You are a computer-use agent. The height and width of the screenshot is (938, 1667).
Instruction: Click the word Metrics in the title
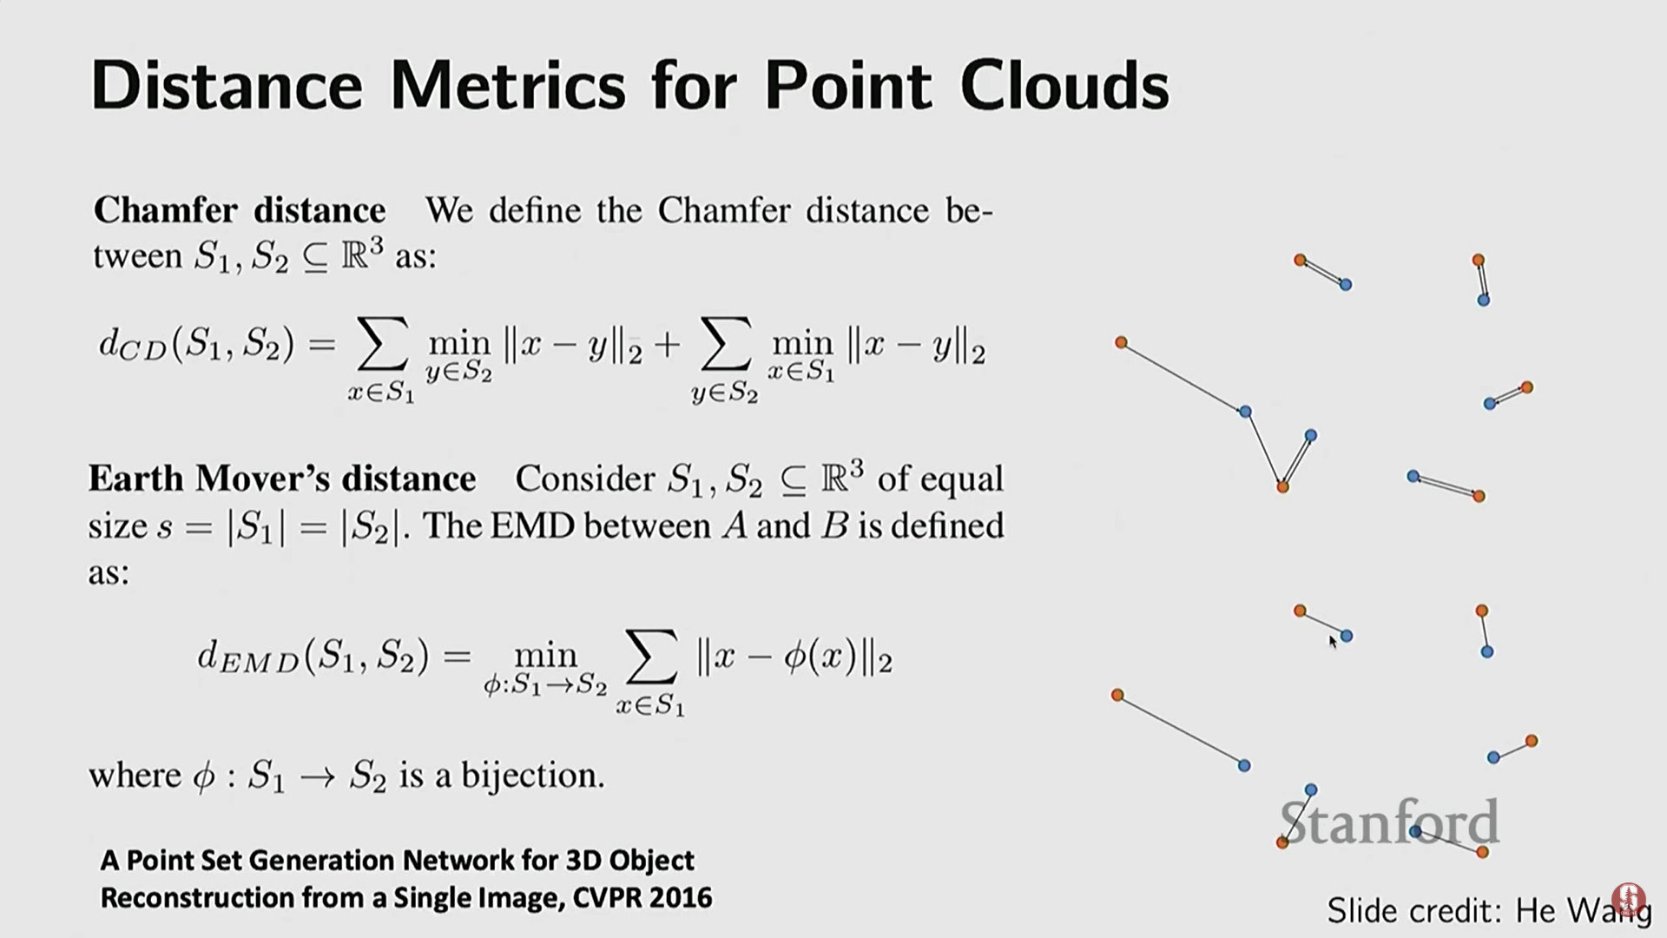click(x=508, y=86)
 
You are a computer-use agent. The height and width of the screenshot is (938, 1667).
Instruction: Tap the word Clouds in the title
click(x=1064, y=86)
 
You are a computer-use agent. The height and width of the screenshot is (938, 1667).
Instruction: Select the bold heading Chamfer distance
click(x=240, y=210)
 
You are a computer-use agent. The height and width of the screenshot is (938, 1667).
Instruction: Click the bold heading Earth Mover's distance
click(x=282, y=479)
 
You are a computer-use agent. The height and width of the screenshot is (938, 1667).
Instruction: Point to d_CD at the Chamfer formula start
click(x=133, y=346)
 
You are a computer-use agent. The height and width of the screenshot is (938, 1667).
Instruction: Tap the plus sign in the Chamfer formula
click(x=667, y=346)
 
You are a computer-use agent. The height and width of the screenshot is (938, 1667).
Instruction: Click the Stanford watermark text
click(x=1389, y=822)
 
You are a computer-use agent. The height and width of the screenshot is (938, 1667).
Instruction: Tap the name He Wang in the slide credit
click(x=1583, y=910)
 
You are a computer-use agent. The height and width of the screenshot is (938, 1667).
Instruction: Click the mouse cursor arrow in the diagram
click(x=1334, y=642)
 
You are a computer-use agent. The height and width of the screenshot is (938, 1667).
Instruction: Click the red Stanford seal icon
click(x=1628, y=900)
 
